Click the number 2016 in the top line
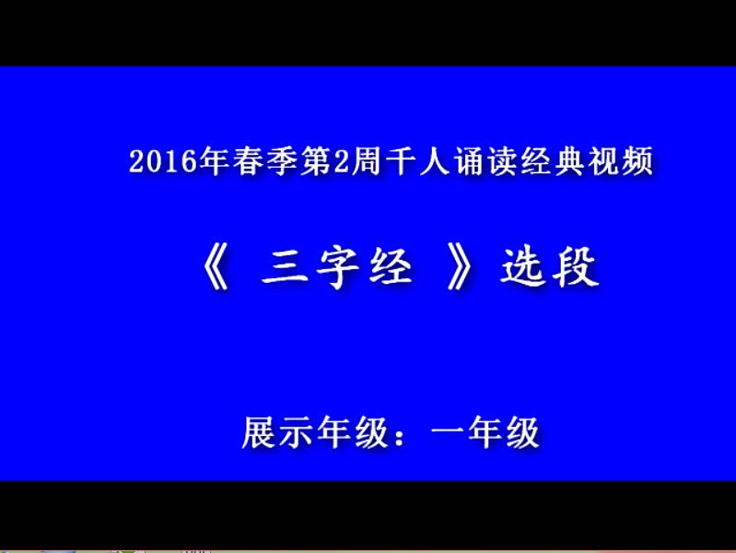coord(163,161)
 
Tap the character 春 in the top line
coord(249,161)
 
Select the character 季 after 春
coord(282,161)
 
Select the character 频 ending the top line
coord(637,161)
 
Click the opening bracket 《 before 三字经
coord(216,267)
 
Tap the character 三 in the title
coord(285,267)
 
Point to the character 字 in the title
coord(338,267)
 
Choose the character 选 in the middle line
coord(522,267)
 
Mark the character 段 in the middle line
coord(576,267)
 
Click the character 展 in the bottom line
coord(259,432)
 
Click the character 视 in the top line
coord(604,161)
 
